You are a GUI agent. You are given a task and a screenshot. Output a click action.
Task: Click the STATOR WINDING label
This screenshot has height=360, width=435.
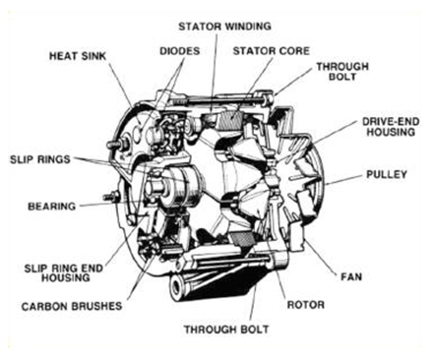[225, 23]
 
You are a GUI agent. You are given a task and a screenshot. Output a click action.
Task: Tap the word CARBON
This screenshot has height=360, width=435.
[44, 306]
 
